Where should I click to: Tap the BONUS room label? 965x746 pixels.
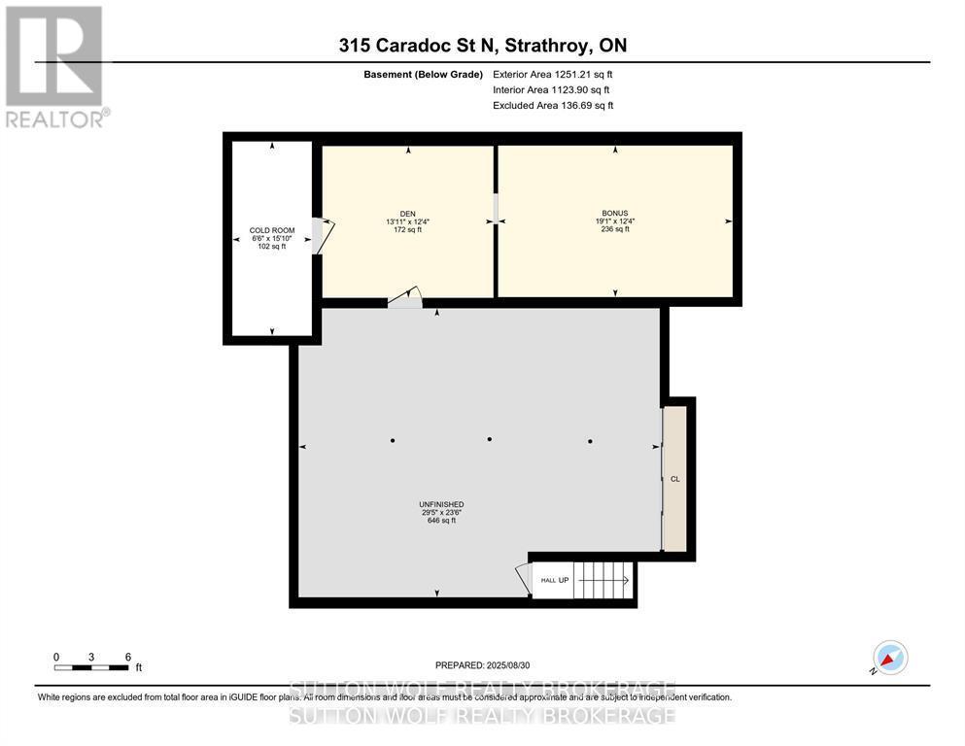[614, 213]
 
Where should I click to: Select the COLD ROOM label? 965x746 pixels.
[272, 231]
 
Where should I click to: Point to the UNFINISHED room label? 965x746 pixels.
[441, 504]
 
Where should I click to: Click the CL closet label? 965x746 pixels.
[674, 479]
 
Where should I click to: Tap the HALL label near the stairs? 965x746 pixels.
[548, 580]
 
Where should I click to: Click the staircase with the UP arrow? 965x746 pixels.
[601, 580]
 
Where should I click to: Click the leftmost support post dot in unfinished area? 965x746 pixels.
[393, 441]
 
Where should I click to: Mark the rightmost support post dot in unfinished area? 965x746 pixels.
[590, 441]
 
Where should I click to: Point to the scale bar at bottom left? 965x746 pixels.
[91, 666]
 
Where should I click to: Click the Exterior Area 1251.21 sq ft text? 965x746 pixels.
[553, 74]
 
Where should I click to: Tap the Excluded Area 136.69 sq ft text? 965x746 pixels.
[553, 105]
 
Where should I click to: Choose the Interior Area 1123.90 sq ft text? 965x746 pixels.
[553, 89]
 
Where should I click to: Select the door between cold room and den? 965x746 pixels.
[317, 236]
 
